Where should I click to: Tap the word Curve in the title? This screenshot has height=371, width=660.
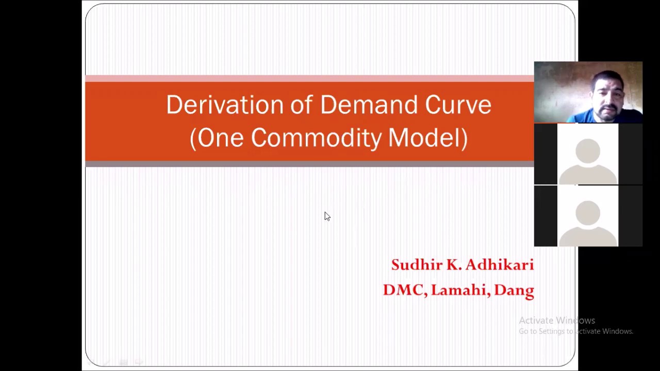click(458, 105)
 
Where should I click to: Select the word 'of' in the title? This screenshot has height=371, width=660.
click(301, 105)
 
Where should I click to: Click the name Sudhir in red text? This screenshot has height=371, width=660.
click(416, 265)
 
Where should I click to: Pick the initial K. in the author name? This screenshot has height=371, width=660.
click(454, 265)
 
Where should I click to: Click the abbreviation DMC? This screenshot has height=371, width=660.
click(404, 290)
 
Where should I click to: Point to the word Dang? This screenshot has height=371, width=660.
click(514, 290)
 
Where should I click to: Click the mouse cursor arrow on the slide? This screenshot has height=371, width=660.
click(327, 216)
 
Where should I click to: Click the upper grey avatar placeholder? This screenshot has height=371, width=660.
click(588, 157)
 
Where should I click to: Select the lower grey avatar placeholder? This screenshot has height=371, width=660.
click(588, 219)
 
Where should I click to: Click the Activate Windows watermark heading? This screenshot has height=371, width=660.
click(557, 321)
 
